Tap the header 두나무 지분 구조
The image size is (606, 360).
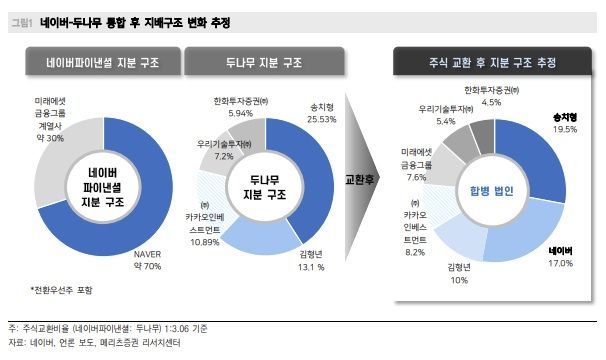coord(262,63)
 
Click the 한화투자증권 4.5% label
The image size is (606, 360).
coord(491,97)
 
